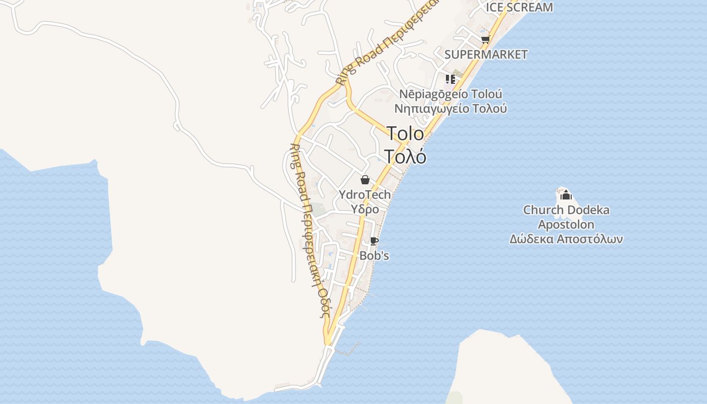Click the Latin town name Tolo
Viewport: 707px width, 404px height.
pos(405,134)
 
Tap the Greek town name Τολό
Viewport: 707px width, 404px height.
pos(405,157)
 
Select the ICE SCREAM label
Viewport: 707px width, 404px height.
pos(519,7)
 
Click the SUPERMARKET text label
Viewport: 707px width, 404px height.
pos(486,55)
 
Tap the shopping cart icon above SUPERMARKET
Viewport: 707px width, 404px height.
pos(485,40)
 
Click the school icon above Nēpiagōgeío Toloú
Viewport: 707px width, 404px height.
pos(450,79)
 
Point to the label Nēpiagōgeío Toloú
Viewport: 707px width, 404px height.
pos(450,94)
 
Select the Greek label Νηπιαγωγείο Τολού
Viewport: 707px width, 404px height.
pos(450,109)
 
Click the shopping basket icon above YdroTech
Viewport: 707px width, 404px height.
pos(365,180)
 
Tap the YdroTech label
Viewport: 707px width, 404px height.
pos(365,194)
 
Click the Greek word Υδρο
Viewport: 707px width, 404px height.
pos(365,209)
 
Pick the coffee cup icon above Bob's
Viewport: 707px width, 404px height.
pos(374,241)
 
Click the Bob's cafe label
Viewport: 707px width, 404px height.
pos(374,256)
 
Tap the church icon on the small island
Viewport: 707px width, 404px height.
pos(566,195)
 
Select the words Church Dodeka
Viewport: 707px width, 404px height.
pos(566,210)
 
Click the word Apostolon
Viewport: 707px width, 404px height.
pos(566,224)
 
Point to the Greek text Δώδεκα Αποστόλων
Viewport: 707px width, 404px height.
pos(566,239)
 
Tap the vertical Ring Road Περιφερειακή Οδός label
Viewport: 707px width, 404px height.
pos(309,230)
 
